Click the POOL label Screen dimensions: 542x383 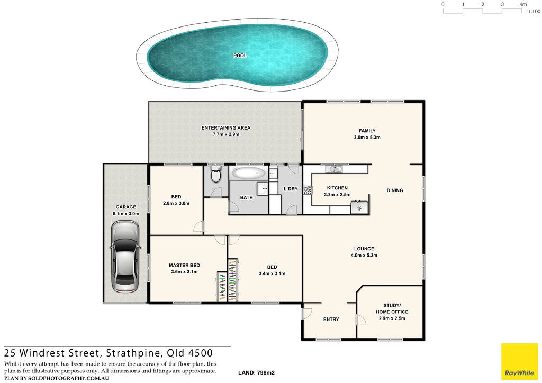240,55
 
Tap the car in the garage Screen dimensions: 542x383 125,256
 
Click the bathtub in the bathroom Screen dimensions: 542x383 249,172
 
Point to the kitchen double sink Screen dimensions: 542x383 335,169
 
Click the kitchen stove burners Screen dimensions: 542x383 308,190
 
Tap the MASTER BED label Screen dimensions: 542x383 184,265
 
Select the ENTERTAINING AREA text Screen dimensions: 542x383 226,128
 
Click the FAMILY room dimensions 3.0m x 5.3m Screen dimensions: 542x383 367,137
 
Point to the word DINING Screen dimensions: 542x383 395,190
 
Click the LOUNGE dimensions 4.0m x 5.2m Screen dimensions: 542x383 364,256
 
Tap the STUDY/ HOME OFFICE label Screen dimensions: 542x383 392,308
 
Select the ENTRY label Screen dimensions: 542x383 331,320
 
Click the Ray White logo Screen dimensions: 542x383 520,362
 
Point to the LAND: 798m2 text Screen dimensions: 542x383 257,372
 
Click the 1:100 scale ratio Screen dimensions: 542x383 534,12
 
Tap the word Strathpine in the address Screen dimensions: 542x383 133,353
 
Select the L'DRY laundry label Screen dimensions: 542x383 291,189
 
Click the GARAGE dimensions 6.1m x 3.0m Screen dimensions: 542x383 126,213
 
